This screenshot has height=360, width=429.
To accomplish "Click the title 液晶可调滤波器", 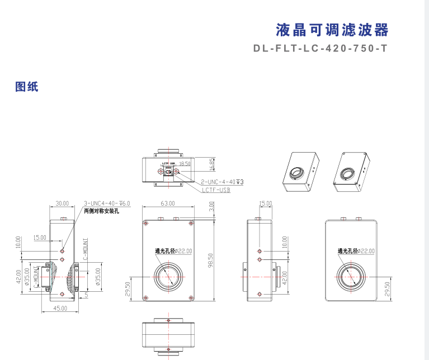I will point(332,30).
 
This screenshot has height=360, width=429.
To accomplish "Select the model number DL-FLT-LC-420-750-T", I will point(320,49).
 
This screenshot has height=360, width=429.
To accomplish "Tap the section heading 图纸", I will point(27,87).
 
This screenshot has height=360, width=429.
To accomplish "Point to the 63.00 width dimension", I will point(168,203).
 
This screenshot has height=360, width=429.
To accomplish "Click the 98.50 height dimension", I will point(211,259).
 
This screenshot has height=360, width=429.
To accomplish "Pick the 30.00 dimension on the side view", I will point(62,203).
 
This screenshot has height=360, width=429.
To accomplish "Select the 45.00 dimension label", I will point(60,308).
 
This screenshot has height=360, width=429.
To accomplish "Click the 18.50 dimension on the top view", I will point(185,164).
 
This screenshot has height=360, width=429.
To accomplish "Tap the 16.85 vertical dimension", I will point(212,164).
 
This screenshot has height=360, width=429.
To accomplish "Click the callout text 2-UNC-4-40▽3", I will point(222,182).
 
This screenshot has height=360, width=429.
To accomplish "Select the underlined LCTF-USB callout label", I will point(216,190).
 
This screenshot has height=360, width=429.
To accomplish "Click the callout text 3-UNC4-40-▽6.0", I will point(106,203).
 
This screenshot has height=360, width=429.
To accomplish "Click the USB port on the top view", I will point(168,172).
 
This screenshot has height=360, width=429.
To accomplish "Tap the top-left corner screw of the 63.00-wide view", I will point(147,224).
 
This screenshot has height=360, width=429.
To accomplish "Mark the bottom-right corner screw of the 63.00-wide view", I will point(190,297).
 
